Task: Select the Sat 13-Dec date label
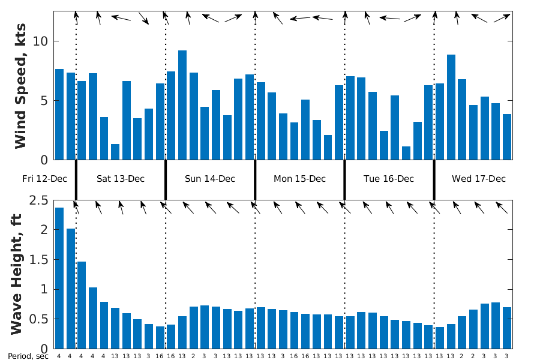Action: point(121,179)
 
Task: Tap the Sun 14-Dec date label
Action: point(210,179)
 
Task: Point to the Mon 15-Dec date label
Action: point(299,179)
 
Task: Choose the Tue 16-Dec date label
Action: point(389,179)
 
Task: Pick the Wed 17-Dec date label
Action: point(479,179)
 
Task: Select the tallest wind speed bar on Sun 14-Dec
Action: point(182,105)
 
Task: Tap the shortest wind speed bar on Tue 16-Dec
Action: point(406,153)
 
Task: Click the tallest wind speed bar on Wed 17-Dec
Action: point(451,107)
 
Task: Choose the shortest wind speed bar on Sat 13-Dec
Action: point(115,152)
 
